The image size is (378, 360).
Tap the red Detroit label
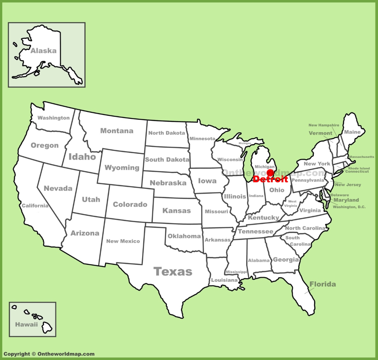271,180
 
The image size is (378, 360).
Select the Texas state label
173,272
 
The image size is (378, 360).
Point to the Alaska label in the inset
44,51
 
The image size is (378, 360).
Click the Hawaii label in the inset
26,325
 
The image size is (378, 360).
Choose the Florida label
323,284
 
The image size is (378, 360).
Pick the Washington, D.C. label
349,207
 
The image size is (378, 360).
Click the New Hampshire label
324,125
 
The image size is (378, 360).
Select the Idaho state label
82,157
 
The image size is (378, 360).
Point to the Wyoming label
122,168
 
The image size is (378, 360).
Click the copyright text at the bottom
49,354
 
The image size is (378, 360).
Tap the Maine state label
352,132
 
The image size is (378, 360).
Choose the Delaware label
340,195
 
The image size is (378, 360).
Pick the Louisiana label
224,280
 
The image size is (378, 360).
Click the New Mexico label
123,241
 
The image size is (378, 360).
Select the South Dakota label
167,160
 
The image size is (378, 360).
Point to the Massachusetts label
361,157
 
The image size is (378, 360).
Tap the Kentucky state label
264,218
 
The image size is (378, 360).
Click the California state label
35,205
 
